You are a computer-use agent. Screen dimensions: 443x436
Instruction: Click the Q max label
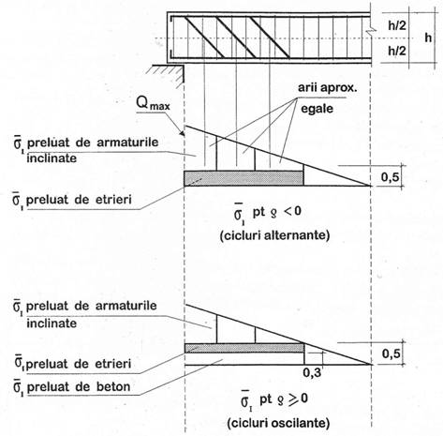coord(154,103)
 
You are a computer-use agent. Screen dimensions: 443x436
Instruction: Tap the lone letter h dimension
coord(428,38)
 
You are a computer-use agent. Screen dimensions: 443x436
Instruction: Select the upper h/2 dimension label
coord(397,25)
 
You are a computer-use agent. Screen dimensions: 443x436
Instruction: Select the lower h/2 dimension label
coord(397,51)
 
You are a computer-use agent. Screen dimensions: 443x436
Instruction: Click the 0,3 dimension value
coord(312,372)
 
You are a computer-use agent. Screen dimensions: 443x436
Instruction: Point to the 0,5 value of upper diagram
coord(391,177)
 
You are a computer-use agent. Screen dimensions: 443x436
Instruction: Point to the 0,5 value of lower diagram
coord(391,353)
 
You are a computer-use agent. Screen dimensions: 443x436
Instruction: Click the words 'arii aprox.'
coord(327,88)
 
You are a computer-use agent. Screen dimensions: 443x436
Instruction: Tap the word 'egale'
coord(317,109)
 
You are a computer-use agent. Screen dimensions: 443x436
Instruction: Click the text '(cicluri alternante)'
coord(274,235)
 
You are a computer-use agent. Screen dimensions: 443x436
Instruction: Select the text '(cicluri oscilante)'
coord(278,423)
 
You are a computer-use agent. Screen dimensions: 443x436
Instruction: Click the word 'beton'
coord(113,387)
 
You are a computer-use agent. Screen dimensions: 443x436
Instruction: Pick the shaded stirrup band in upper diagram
coord(244,178)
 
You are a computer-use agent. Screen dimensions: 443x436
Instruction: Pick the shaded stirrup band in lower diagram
coord(244,348)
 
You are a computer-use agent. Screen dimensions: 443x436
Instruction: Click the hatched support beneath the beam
coord(168,75)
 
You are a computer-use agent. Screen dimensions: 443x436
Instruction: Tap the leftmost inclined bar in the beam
coord(204,38)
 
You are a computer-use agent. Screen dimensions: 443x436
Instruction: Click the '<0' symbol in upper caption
coord(292,212)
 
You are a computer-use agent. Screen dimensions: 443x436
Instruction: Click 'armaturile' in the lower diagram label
coord(126,306)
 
